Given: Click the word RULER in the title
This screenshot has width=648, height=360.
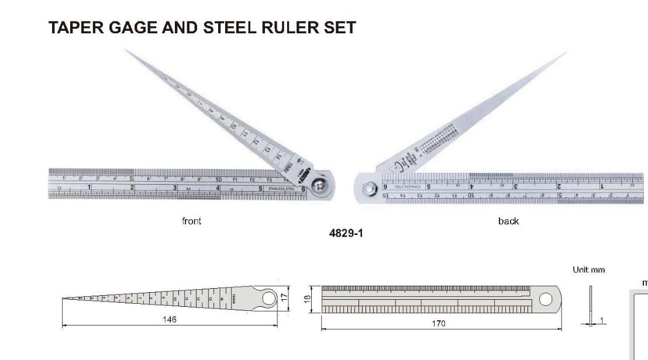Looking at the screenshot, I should (x=271, y=27).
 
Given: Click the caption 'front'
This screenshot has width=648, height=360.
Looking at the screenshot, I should (x=191, y=221).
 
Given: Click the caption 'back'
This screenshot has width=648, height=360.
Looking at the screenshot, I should (x=508, y=221).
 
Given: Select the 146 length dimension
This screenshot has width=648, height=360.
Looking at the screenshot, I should (x=170, y=320).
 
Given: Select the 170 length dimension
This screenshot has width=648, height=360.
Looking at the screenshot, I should (x=438, y=323).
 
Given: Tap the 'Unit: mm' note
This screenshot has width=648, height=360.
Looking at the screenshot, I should (x=589, y=270).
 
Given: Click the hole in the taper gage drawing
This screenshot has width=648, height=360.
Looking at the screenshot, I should (x=269, y=298).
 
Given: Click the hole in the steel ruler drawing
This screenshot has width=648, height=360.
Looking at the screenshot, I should (x=545, y=299).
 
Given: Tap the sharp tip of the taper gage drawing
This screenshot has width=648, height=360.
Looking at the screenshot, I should (x=64, y=299).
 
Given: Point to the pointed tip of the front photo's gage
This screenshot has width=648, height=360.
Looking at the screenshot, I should (x=125, y=50).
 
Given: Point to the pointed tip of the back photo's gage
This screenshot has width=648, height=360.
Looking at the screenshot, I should (x=566, y=53).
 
